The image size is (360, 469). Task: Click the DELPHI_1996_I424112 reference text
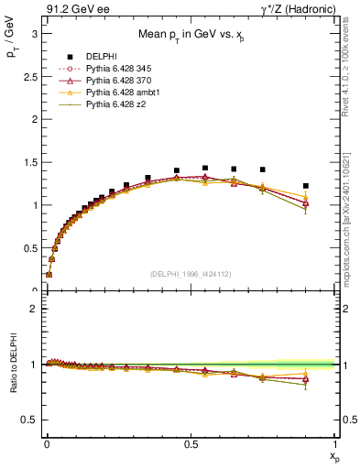click(191, 274)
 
